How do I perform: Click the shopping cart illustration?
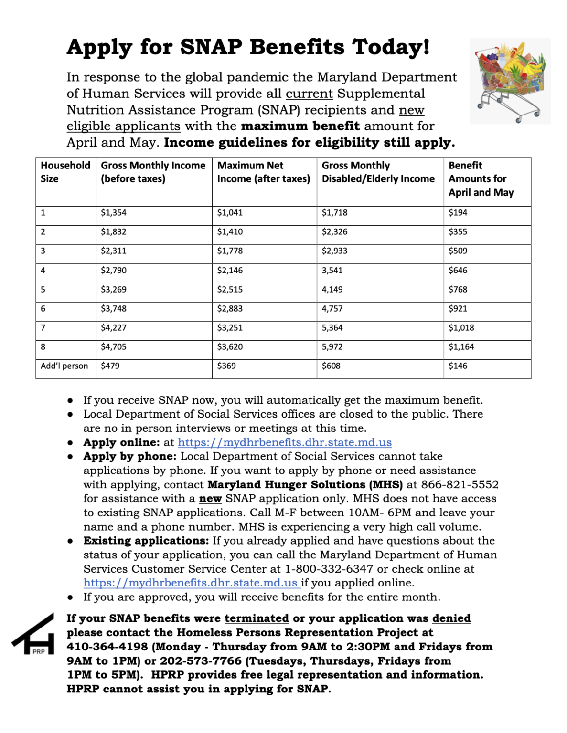point(510,81)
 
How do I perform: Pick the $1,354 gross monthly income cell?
point(114,213)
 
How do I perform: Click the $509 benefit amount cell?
point(458,251)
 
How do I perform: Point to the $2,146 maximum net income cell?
point(230,271)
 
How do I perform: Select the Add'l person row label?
point(64,366)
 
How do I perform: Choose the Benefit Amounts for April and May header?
point(481,179)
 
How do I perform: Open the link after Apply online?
point(285,443)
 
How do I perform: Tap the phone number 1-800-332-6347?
point(329,569)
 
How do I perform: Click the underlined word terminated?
point(257,618)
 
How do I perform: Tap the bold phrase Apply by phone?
point(130,457)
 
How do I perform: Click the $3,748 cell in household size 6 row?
point(114,309)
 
